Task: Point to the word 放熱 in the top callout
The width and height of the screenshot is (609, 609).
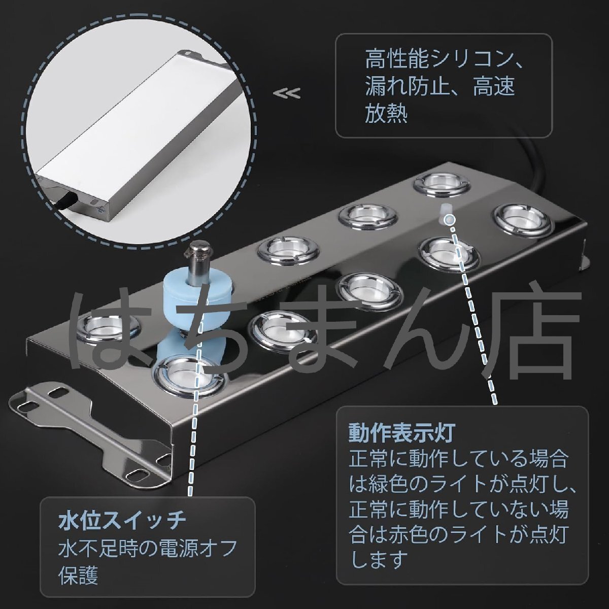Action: click(x=386, y=114)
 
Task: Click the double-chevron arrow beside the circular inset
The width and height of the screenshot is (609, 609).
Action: click(x=287, y=93)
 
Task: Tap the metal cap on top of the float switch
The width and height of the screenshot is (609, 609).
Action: click(x=198, y=250)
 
